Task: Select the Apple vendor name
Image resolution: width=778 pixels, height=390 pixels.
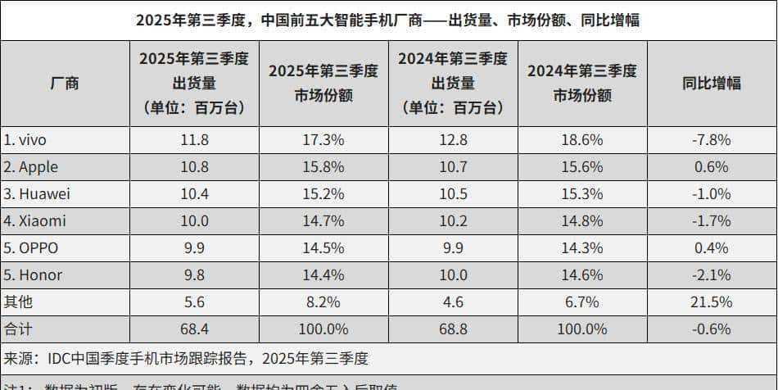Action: (x=31, y=167)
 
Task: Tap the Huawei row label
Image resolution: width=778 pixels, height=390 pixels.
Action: (x=35, y=194)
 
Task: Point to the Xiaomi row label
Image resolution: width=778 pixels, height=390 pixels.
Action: (x=34, y=221)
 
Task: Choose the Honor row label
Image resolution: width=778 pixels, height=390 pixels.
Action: (x=33, y=275)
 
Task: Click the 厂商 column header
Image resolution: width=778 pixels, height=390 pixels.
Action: (x=65, y=83)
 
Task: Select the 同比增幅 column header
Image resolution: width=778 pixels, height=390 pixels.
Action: (x=711, y=83)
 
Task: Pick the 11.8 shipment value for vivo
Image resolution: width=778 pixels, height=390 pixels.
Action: (x=194, y=140)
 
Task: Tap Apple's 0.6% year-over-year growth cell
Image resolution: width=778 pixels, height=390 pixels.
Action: (x=711, y=167)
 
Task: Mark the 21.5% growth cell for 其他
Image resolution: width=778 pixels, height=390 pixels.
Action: (x=711, y=302)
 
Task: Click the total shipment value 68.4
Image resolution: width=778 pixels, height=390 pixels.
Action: (x=194, y=329)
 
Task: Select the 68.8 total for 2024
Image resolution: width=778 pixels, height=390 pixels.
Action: (x=453, y=329)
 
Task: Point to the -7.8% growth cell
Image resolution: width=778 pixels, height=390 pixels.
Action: (x=711, y=140)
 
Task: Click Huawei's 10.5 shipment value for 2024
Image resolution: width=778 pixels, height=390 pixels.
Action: (x=453, y=194)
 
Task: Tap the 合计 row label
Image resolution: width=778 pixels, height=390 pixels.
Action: (x=19, y=329)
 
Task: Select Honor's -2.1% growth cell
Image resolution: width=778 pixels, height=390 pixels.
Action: (x=711, y=275)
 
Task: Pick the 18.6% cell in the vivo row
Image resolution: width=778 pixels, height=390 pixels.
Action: (x=581, y=140)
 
